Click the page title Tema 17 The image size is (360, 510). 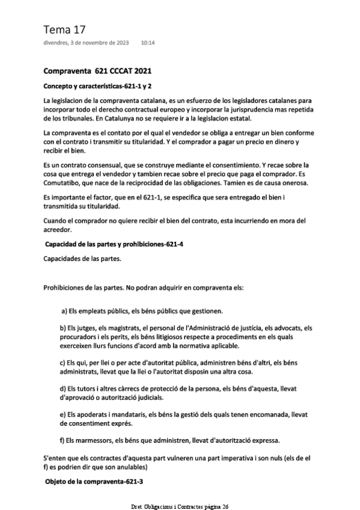point(61,29)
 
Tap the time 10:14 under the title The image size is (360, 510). point(148,43)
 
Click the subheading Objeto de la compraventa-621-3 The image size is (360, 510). point(94,482)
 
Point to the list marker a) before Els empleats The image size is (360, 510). point(64,311)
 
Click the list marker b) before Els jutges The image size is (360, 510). point(63,328)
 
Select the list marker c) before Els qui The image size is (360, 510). point(63,363)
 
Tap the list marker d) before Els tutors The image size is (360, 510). point(63,389)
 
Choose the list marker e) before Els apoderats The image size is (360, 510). point(63,415)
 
